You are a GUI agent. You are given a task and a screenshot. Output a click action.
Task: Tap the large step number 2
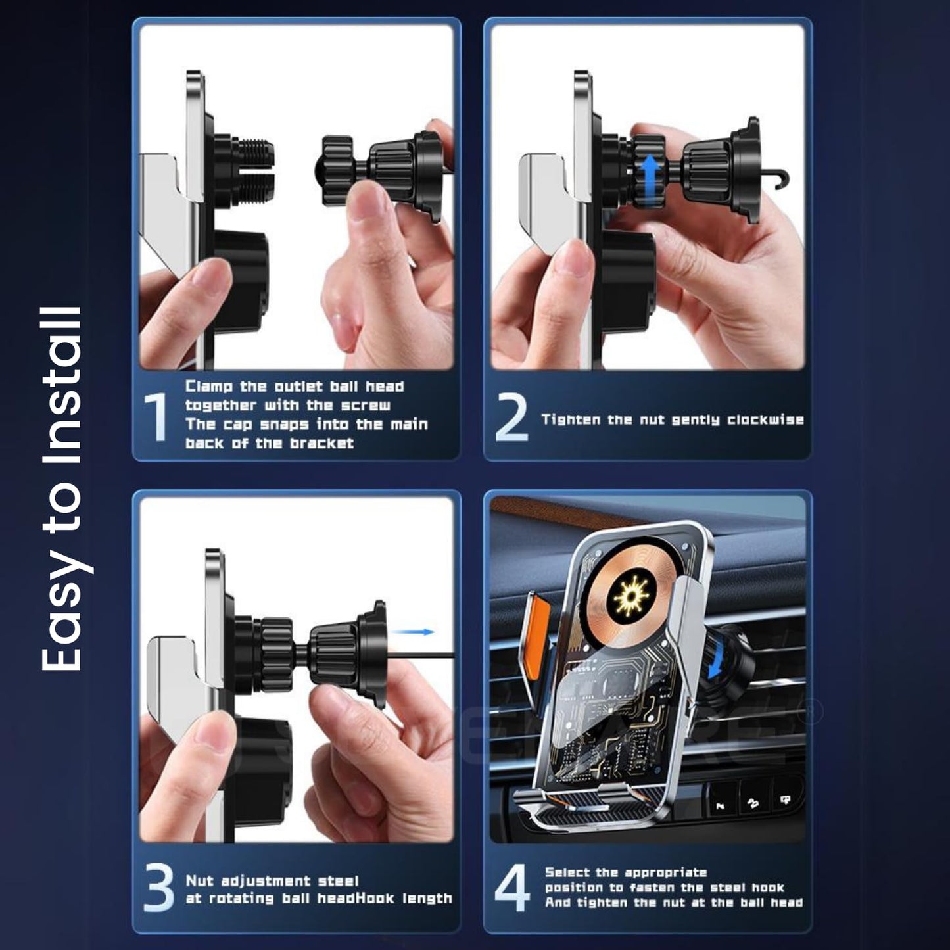click(x=512, y=418)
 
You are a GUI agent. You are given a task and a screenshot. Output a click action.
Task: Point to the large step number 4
click(x=512, y=889)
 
